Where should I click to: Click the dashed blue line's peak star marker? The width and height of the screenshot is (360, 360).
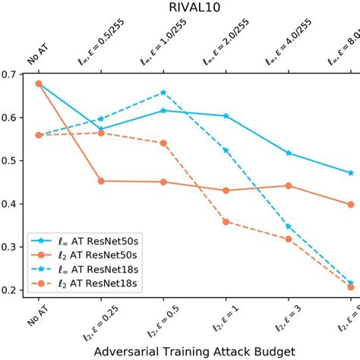163,93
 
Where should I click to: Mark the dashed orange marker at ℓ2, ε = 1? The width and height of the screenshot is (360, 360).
226,222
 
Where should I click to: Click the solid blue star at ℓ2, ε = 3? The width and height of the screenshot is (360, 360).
288,153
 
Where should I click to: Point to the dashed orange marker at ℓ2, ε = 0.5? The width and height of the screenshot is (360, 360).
163,143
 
